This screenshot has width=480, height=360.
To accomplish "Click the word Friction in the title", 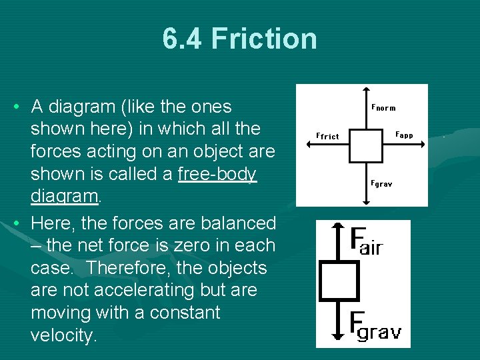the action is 264,39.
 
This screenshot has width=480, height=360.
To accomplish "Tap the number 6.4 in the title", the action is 183,39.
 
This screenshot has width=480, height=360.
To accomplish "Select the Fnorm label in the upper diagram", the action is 383,107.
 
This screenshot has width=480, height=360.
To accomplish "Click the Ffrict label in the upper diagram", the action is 327,136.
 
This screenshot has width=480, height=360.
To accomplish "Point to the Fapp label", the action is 404,135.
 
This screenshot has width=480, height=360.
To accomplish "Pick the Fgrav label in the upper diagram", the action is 381,183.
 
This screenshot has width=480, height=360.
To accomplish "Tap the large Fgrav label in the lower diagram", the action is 375,326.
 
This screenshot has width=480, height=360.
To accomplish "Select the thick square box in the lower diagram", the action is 339,281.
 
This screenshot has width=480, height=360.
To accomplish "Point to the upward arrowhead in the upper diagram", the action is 366,89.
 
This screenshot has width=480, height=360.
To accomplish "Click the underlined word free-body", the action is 218,175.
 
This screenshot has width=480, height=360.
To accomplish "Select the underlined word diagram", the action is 65,197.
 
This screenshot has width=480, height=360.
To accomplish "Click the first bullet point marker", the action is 15,107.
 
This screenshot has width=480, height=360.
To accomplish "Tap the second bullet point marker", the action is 15,223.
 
